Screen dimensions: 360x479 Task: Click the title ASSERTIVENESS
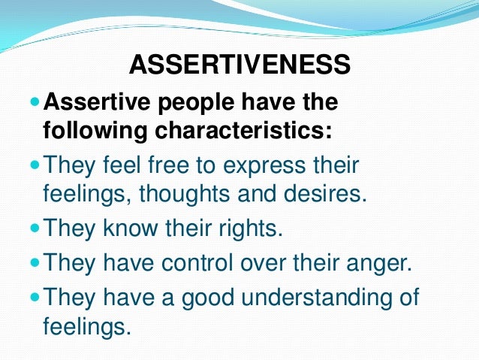point(239,65)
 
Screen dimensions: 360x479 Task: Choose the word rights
point(249,228)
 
